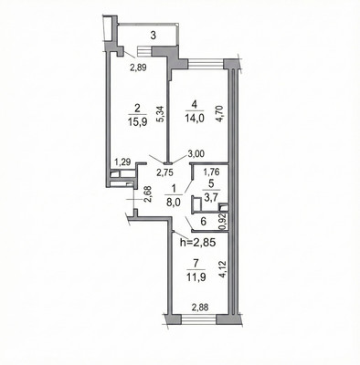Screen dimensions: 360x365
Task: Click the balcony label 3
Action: (x=154, y=36)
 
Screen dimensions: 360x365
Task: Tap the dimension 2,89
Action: (x=139, y=68)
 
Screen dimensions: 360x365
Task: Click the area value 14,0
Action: (x=195, y=118)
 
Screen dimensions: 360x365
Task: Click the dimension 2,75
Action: (x=164, y=172)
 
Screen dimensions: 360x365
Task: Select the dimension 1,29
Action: (x=122, y=162)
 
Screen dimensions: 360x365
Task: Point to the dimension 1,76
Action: (x=211, y=172)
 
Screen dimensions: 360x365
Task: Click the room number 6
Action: (x=204, y=221)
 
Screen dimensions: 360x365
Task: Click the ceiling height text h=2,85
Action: (x=198, y=243)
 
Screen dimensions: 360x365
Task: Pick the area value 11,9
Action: (x=196, y=277)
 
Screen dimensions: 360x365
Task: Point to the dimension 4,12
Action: (x=224, y=270)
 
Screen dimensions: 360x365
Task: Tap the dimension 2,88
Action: (x=200, y=308)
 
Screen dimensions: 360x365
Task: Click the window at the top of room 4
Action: (x=206, y=64)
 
